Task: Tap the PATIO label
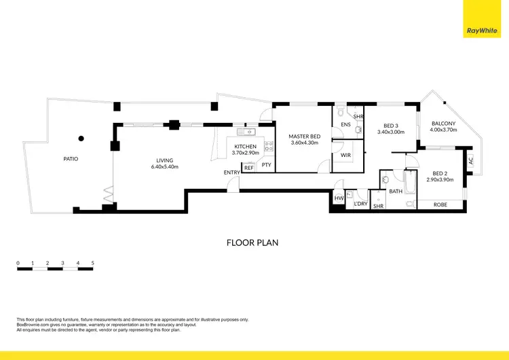[71, 158]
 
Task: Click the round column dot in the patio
[81, 139]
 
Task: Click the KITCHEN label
[245, 146]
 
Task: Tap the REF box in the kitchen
[248, 167]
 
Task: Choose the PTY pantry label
[266, 164]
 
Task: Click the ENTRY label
[231, 173]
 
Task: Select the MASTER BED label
[304, 136]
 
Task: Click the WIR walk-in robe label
[345, 155]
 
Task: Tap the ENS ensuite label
[345, 125]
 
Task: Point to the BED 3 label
[390, 125]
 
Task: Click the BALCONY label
[444, 123]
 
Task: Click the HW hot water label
[339, 198]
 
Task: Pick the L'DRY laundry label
[360, 204]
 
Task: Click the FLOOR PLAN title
[251, 242]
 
